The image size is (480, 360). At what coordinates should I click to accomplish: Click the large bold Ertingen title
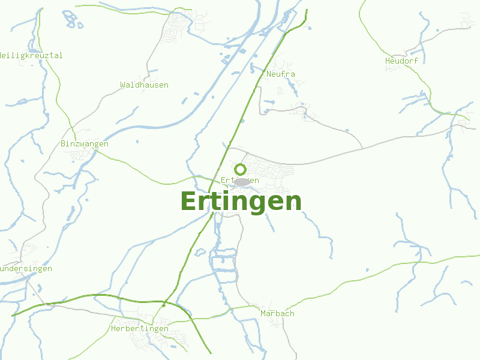pos(241,202)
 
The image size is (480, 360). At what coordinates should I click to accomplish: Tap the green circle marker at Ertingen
pos(240,169)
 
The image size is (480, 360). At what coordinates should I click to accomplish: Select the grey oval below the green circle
pos(241,182)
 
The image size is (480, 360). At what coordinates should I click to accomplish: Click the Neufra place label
pos(280,74)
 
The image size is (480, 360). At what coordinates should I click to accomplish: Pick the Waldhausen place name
pos(144,85)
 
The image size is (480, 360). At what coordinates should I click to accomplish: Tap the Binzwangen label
pos(85,144)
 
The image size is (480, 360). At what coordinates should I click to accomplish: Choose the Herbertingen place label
pos(140,329)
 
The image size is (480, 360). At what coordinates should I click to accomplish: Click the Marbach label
pos(277,314)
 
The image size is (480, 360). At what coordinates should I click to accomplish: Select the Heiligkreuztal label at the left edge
pos(31,56)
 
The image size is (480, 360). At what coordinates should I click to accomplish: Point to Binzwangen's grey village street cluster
pos(81,155)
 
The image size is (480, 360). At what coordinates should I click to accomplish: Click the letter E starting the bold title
pos(188,202)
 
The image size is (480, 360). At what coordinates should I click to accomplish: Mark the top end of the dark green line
pos(307,10)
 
